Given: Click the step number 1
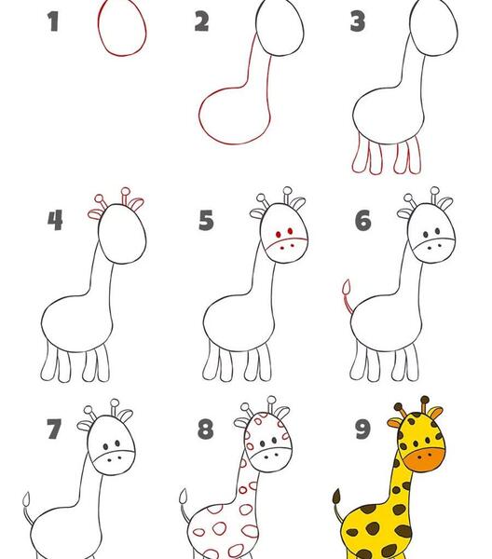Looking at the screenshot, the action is (x=53, y=21).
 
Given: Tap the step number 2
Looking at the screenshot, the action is (x=201, y=21).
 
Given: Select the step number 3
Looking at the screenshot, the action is (x=358, y=21).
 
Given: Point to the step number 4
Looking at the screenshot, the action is (x=55, y=220).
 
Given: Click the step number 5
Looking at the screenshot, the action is (x=207, y=220).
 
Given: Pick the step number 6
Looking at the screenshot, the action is (x=362, y=220).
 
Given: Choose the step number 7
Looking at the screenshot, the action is (x=54, y=429).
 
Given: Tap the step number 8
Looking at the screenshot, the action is (x=206, y=429).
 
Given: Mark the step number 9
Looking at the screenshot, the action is (x=362, y=429).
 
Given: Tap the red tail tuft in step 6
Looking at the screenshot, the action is (x=347, y=287).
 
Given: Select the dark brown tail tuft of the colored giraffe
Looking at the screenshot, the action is (x=336, y=497).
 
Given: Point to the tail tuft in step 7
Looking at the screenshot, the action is (x=27, y=499).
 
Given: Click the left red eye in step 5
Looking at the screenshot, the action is (x=278, y=235).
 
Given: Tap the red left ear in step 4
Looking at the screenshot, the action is (x=95, y=213).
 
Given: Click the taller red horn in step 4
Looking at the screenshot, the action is (x=125, y=196).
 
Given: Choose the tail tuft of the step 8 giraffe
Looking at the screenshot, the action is (x=184, y=496).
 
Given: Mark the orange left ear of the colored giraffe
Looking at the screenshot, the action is (x=395, y=423).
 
